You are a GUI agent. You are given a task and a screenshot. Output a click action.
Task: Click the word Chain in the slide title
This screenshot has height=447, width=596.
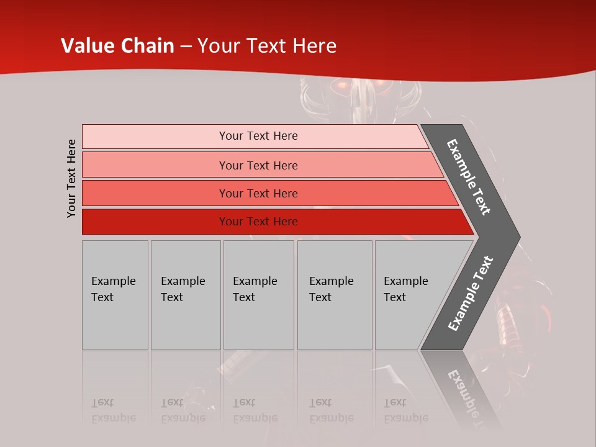(x=147, y=46)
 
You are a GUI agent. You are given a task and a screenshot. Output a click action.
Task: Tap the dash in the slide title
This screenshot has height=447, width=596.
(x=186, y=47)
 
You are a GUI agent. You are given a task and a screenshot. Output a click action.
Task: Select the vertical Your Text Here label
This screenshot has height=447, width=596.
(x=71, y=178)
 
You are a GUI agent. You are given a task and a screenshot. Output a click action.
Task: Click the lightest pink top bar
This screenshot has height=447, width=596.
(x=258, y=136)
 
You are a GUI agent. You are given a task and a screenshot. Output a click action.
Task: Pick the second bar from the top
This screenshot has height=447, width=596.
(x=258, y=165)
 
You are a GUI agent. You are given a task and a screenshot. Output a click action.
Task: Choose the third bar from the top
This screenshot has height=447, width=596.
(x=258, y=193)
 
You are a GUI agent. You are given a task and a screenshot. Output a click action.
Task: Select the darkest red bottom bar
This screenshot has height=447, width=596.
(x=258, y=222)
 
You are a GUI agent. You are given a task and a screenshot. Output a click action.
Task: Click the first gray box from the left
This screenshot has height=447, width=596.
(x=115, y=294)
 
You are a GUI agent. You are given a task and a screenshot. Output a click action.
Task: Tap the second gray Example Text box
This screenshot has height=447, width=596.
(x=185, y=294)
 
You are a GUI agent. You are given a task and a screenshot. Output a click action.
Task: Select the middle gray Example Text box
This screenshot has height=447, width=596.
(x=258, y=294)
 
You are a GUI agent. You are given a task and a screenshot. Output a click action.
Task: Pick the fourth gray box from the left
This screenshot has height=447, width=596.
(x=334, y=294)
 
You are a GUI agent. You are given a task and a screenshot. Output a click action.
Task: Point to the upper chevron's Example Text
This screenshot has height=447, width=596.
(x=469, y=177)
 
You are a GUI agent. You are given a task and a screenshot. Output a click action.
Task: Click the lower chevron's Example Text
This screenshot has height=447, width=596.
(x=470, y=294)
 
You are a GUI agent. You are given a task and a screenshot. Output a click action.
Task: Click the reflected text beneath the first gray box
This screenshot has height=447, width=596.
(x=113, y=410)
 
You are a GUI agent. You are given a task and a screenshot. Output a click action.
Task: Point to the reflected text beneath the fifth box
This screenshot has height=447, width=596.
(x=405, y=410)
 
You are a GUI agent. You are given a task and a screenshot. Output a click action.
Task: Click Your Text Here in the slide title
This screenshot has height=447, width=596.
(x=267, y=46)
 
